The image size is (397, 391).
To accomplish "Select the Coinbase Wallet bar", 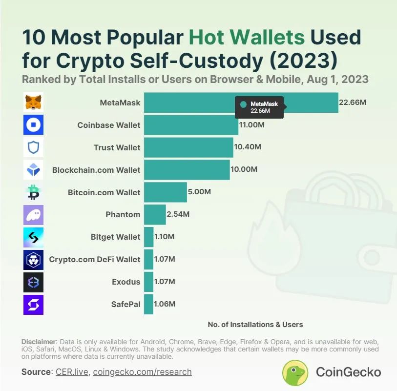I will click(191, 125).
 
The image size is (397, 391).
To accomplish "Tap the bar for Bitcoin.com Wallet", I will click(165, 192).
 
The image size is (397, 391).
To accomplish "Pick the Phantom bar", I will click(155, 214).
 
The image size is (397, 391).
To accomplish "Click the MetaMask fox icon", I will click(34, 103).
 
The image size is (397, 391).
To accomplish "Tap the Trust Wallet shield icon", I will click(34, 147).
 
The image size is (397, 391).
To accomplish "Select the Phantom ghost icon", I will click(34, 214).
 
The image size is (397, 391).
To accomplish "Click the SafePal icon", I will click(34, 304).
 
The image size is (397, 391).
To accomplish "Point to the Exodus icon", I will click(34, 282).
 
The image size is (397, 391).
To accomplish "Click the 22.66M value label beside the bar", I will click(353, 103).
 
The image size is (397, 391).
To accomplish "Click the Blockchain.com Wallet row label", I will click(96, 170).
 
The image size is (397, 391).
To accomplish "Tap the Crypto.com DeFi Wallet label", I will click(95, 259).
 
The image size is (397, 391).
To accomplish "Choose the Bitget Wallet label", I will click(115, 237).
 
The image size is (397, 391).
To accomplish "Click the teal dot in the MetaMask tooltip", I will click(243, 104).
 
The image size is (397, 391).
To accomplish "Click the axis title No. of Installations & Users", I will click(255, 324).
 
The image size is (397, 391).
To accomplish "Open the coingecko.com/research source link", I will click(142, 372).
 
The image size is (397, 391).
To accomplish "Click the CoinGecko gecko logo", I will click(295, 372).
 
